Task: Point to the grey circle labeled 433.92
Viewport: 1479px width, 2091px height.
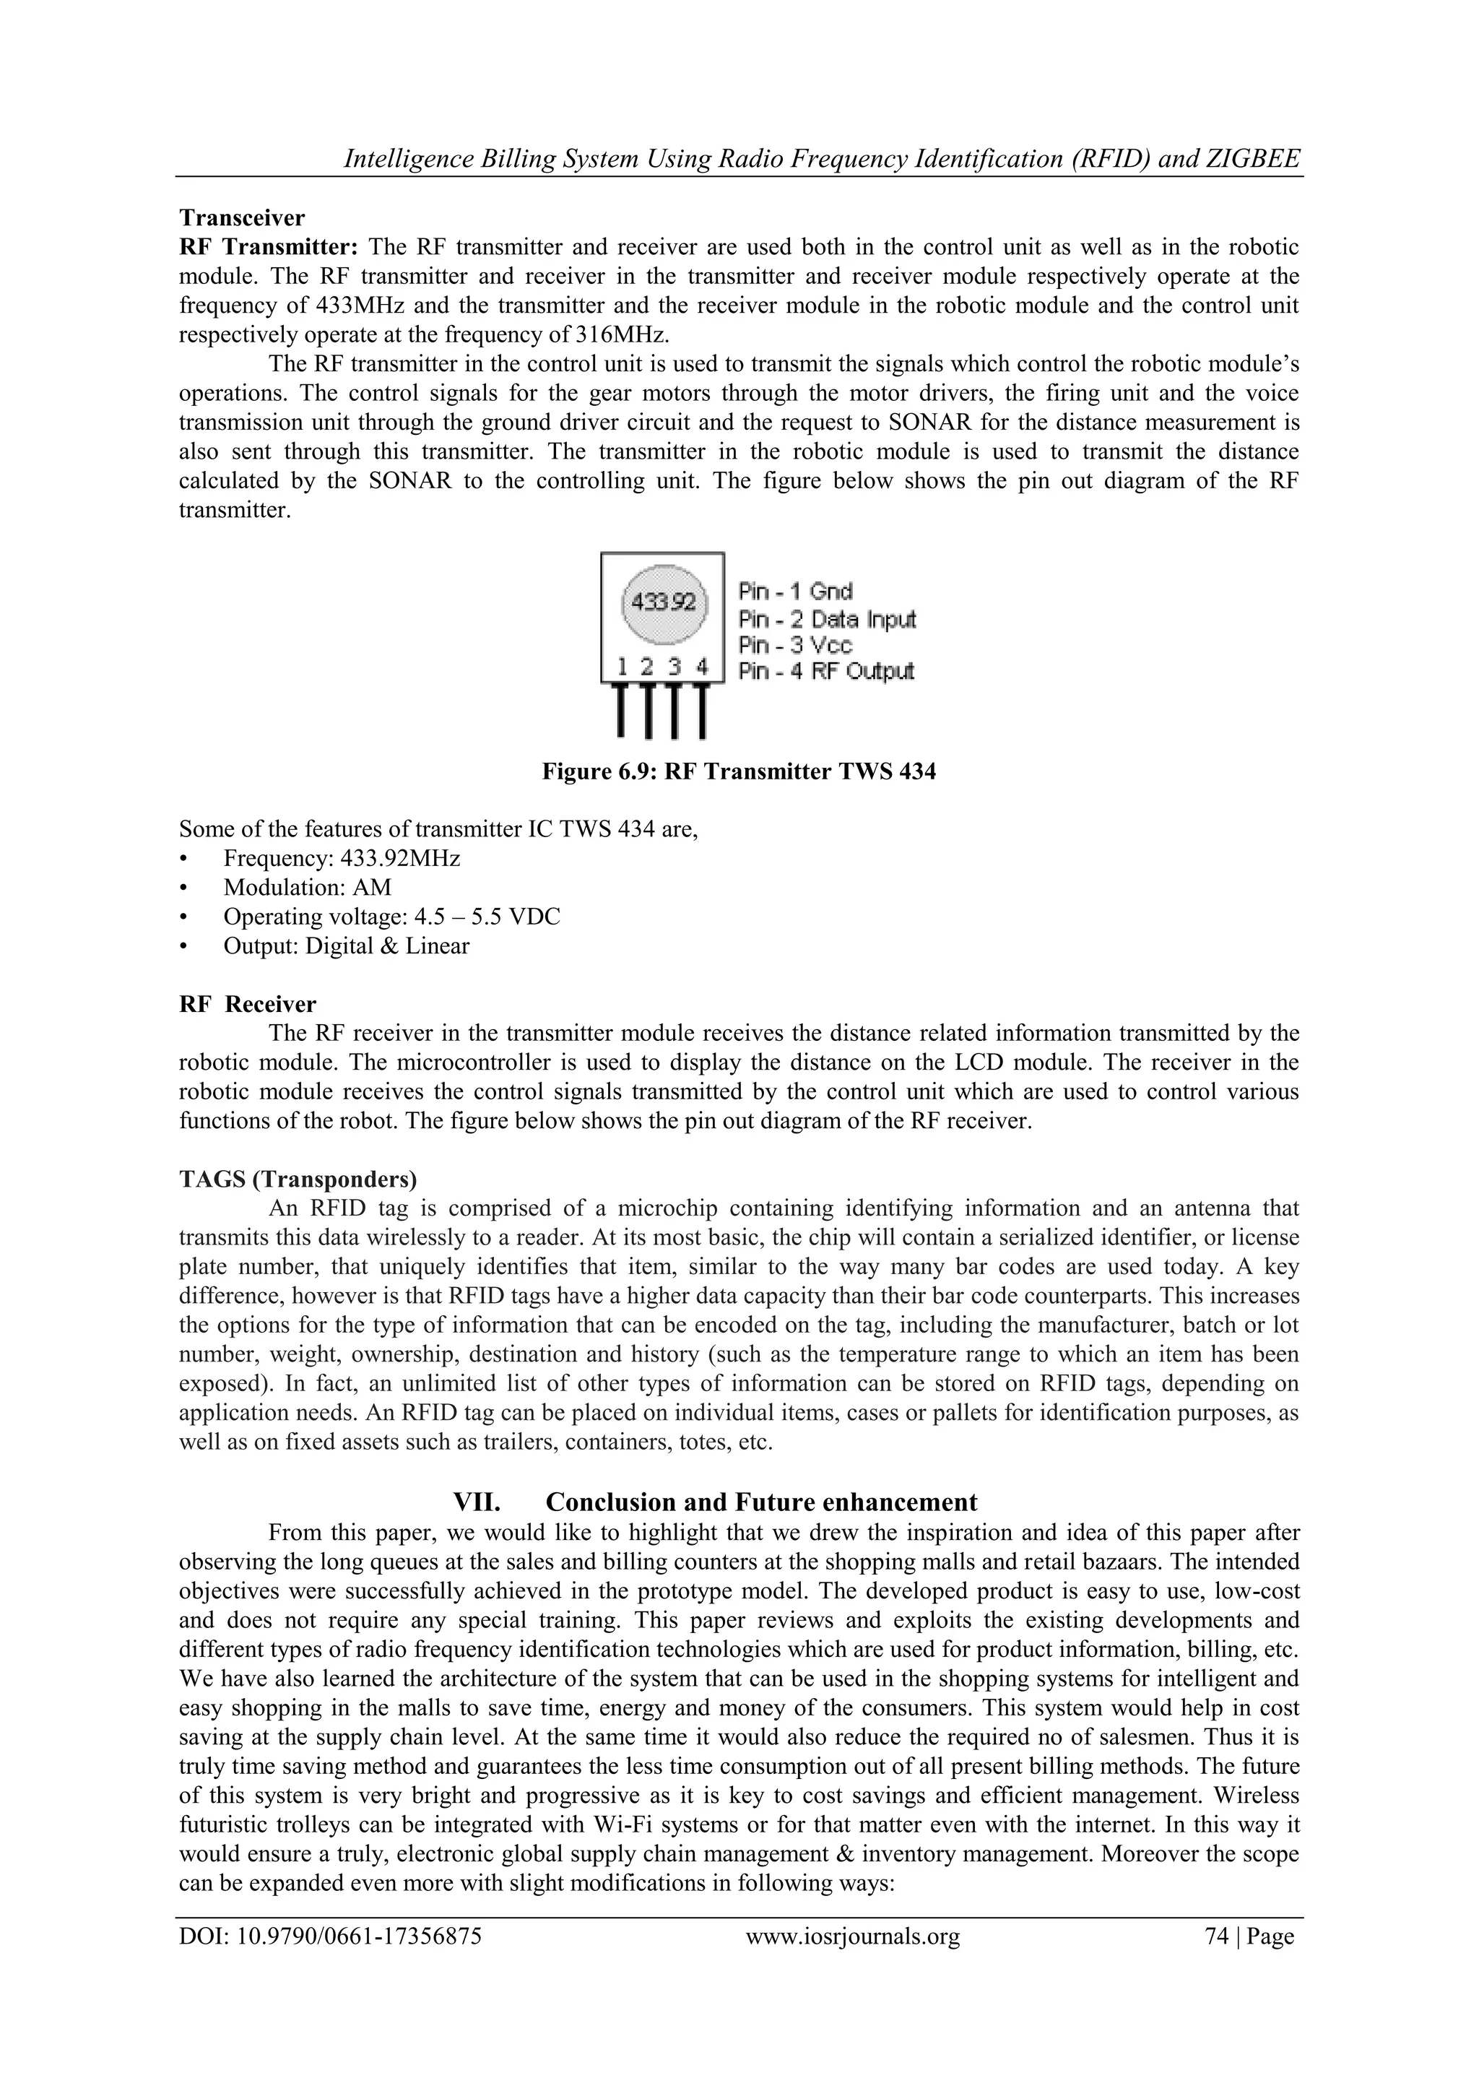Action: [663, 602]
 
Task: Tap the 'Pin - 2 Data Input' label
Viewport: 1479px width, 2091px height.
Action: [826, 618]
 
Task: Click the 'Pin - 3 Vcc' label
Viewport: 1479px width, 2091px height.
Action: [795, 645]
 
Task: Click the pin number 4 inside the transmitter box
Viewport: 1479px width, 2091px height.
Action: [702, 667]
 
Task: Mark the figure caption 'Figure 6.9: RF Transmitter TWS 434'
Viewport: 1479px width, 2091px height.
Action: [739, 772]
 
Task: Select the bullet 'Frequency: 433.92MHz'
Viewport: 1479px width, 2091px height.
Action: [342, 858]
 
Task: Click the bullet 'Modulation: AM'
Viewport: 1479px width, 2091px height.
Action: [307, 887]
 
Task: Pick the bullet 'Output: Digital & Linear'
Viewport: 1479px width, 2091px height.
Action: [346, 945]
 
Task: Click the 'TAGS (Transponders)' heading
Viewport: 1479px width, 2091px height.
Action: [298, 1179]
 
